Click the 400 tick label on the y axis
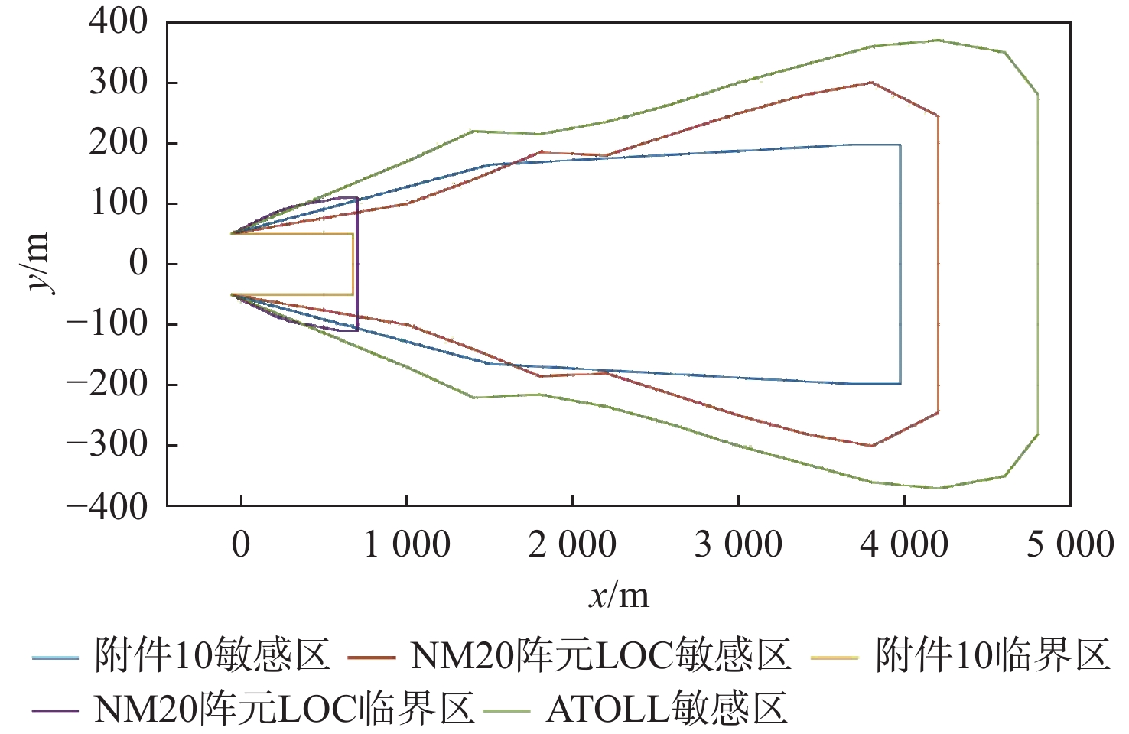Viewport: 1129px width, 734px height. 118,21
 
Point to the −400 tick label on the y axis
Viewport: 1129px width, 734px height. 107,506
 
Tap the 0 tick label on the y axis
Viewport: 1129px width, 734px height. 138,264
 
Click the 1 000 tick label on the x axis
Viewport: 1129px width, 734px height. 406,545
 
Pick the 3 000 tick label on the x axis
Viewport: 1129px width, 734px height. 738,545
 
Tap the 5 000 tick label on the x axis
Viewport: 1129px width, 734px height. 1069,545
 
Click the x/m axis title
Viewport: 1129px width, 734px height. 619,596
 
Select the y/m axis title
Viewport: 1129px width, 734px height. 37,263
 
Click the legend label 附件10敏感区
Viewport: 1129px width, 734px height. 212,656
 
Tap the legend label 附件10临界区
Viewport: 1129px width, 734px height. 992,656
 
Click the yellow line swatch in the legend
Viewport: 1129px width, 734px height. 835,658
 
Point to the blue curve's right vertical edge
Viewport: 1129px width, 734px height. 900,264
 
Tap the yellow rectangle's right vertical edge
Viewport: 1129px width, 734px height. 353,264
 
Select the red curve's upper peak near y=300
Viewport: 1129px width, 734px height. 871,83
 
